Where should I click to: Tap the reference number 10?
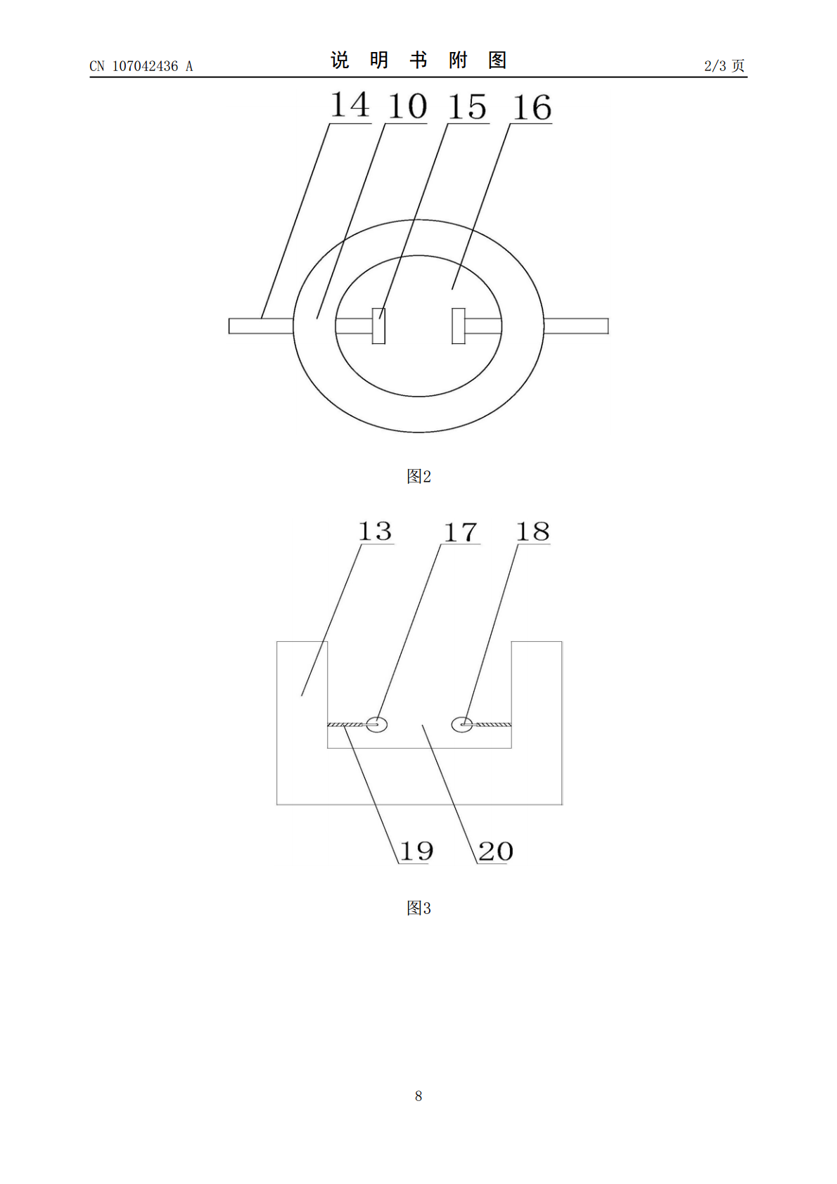pyautogui.click(x=407, y=106)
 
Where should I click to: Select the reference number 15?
pyautogui.click(x=468, y=107)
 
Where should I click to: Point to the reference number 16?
pyautogui.click(x=532, y=108)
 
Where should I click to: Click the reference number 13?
pyautogui.click(x=376, y=531)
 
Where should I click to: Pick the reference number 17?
pyautogui.click(x=461, y=532)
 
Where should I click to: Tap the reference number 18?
pyautogui.click(x=533, y=532)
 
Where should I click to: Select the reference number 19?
pyautogui.click(x=416, y=851)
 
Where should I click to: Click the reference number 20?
pyautogui.click(x=495, y=851)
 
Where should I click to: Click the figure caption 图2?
pyautogui.click(x=419, y=476)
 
